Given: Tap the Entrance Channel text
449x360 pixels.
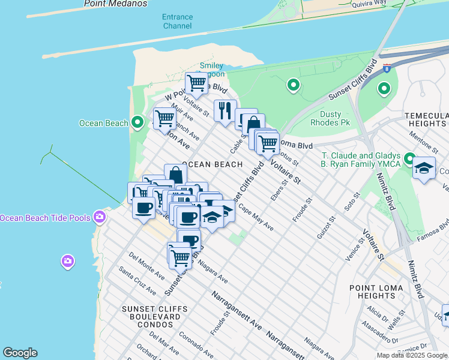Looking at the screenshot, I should [x=177, y=22].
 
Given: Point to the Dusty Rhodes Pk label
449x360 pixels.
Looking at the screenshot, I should [x=326, y=118].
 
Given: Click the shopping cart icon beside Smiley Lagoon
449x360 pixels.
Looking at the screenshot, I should [x=196, y=83].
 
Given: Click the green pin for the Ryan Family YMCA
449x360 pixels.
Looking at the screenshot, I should [x=410, y=159].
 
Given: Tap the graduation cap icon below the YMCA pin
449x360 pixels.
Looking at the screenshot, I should [x=424, y=169].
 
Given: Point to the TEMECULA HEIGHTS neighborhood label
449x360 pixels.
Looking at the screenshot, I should [x=426, y=119].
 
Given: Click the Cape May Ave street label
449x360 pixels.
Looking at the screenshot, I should [x=256, y=218].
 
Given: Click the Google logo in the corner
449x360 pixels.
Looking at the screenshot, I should [x=20, y=353].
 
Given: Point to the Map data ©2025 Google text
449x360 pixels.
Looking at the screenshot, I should [x=412, y=355].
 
